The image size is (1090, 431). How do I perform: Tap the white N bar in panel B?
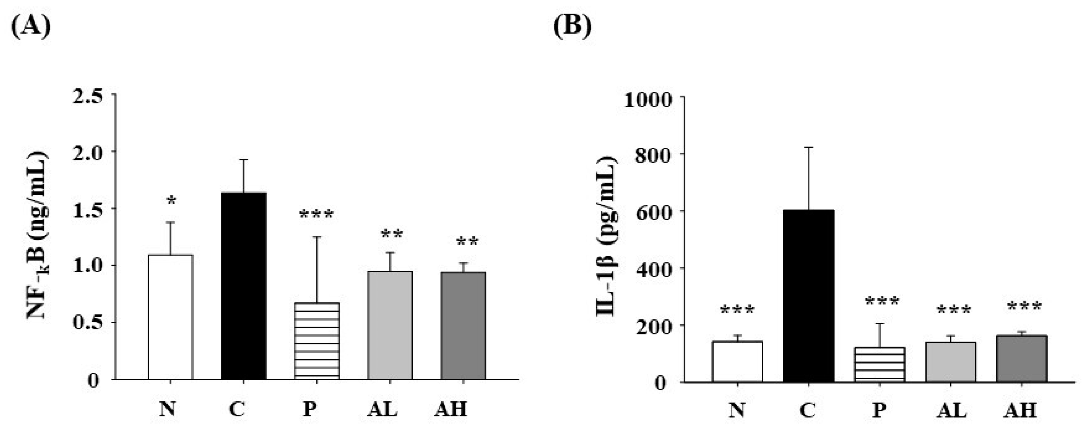pos(738,361)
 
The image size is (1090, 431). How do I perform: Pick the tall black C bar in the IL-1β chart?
pos(809,296)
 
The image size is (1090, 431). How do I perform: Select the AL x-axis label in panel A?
pos(382,409)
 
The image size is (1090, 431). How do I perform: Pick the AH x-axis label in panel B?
pos(1020,410)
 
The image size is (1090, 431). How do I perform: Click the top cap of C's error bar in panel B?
pos(809,147)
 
